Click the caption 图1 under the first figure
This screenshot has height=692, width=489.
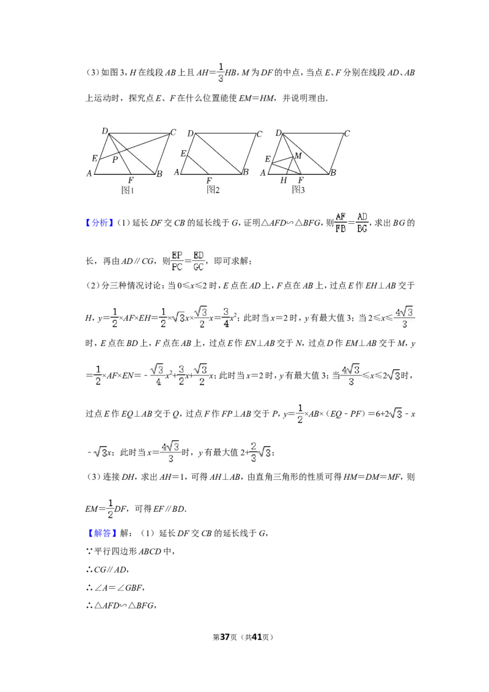pyautogui.click(x=127, y=190)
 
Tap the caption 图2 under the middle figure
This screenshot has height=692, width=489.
pyautogui.click(x=213, y=190)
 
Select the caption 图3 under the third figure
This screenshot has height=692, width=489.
pyautogui.click(x=298, y=190)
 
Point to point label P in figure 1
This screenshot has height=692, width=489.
pyautogui.click(x=115, y=160)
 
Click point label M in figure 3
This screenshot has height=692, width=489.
pyautogui.click(x=298, y=155)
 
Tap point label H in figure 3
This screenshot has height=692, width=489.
pyautogui.click(x=284, y=180)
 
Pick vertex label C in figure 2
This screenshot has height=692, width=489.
pyautogui.click(x=259, y=134)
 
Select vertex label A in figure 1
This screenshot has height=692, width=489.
pyautogui.click(x=89, y=174)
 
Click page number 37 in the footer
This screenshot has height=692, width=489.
pyautogui.click(x=225, y=637)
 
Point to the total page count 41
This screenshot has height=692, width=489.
pyautogui.click(x=257, y=637)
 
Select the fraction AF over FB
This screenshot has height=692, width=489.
pyautogui.click(x=340, y=223)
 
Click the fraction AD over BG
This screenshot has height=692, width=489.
pyautogui.click(x=362, y=223)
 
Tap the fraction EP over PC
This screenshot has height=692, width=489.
pyautogui.click(x=177, y=261)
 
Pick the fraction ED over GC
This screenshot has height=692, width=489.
pyautogui.click(x=199, y=261)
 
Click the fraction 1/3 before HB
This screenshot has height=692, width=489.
pyautogui.click(x=221, y=72)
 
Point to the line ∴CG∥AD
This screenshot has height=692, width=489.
pyautogui.click(x=107, y=570)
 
